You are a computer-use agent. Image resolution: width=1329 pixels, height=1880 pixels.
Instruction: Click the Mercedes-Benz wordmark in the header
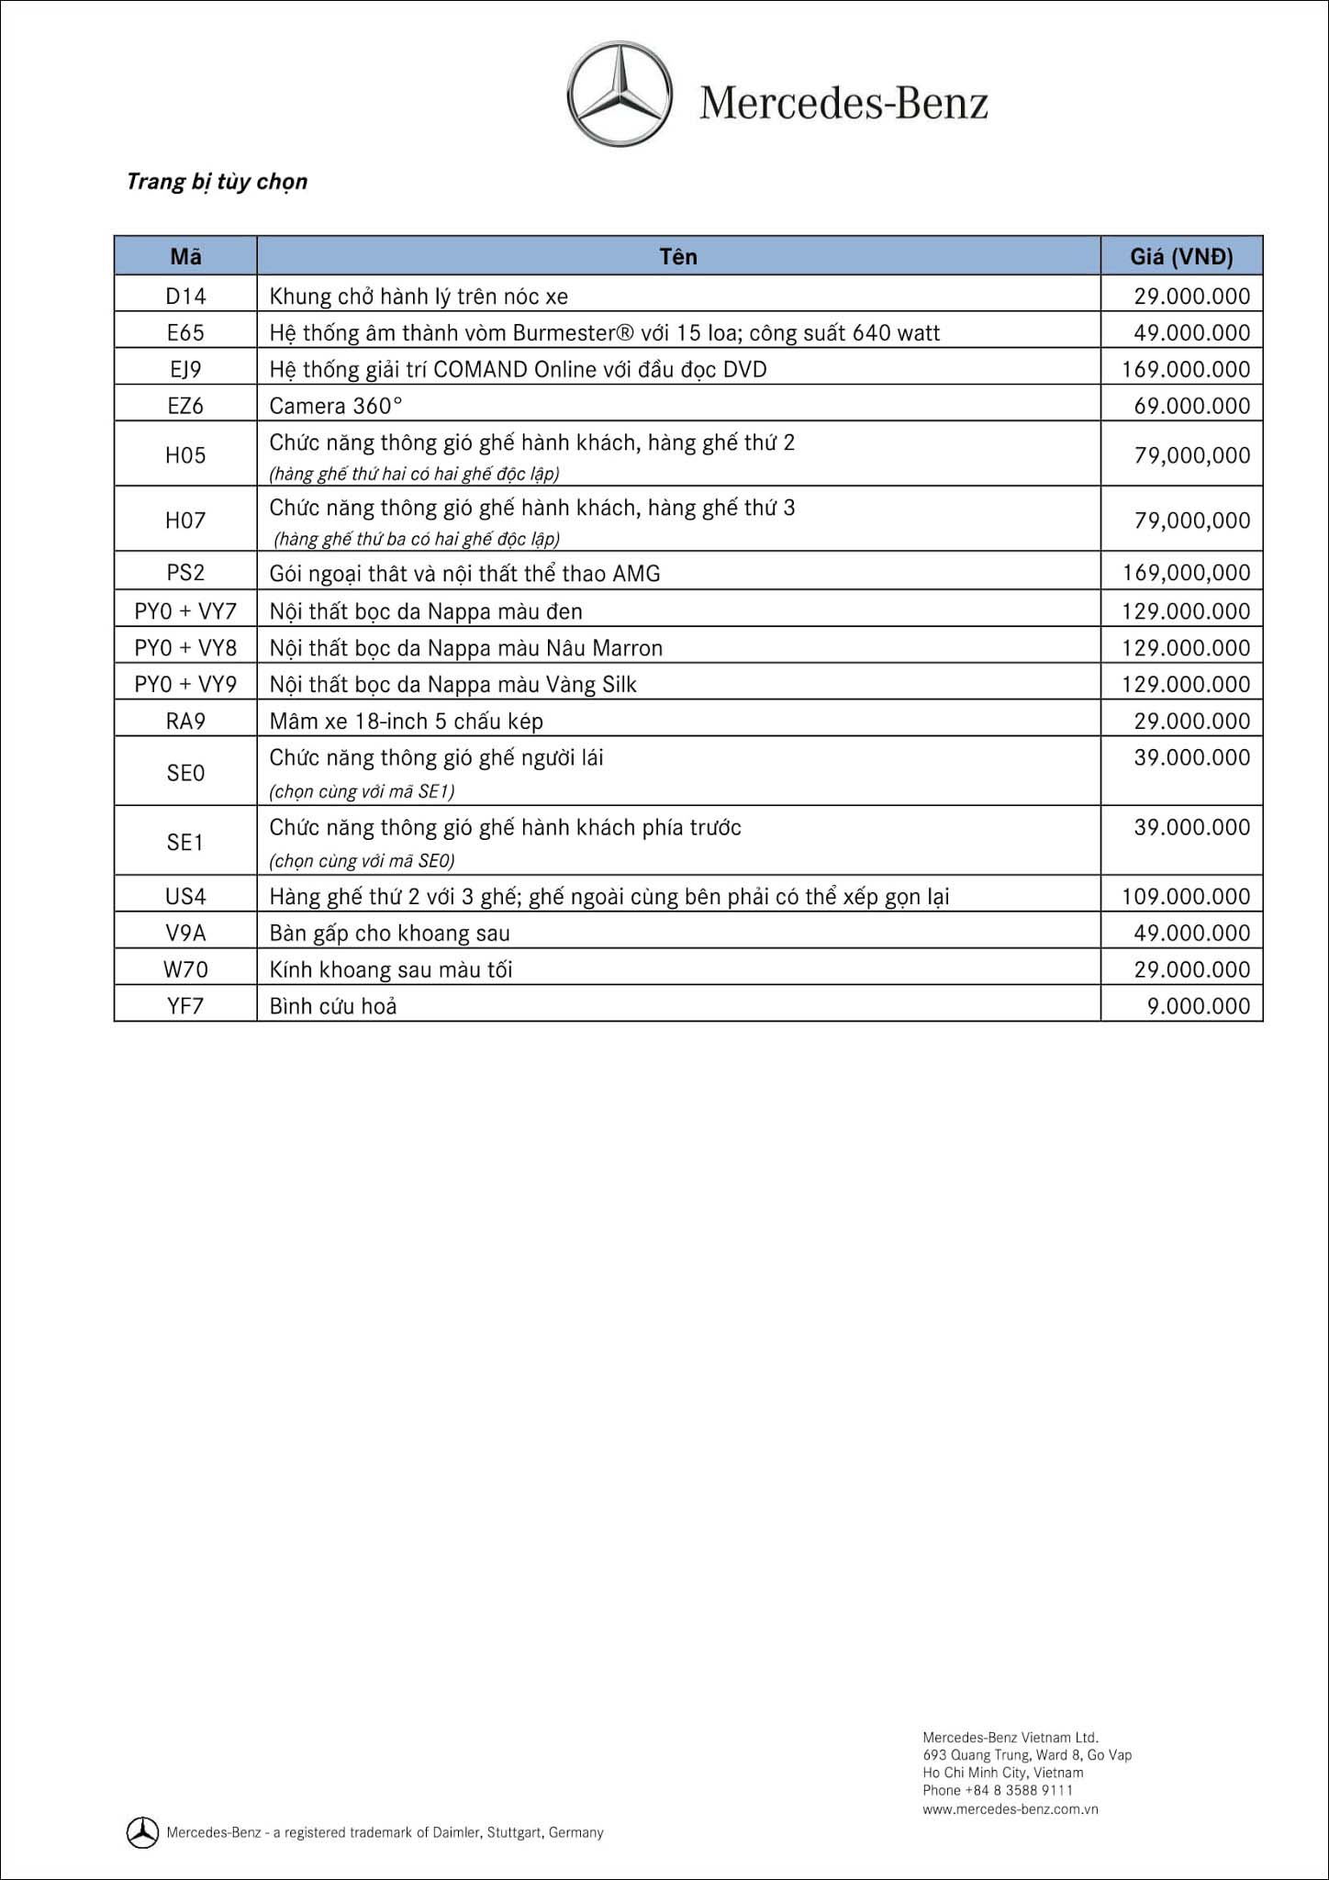coord(843,104)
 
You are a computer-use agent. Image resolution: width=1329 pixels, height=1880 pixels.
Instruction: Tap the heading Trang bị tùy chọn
coord(217,182)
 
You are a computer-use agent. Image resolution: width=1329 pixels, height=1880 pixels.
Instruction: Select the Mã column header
coord(185,257)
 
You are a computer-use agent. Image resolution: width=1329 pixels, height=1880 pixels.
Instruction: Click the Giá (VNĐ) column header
coord(1181,257)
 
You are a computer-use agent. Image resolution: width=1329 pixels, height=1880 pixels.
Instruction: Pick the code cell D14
coord(185,297)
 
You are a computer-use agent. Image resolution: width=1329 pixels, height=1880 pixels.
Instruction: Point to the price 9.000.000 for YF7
coord(1198,1006)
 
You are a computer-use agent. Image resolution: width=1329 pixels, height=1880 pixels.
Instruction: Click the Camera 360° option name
coord(336,406)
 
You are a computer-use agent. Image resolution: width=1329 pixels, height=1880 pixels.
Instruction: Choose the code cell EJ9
coord(185,370)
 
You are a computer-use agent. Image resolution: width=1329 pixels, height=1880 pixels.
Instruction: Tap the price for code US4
coord(1186,896)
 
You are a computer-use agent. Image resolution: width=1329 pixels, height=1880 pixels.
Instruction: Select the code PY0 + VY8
coord(185,648)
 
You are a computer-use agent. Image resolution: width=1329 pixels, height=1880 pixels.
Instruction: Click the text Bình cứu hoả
coord(333,1006)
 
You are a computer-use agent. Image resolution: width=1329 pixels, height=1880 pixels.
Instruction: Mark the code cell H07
coord(185,520)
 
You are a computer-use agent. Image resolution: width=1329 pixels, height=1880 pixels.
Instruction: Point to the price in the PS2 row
coord(1186,573)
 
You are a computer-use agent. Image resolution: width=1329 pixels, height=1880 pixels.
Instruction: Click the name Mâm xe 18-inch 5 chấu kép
coord(406,722)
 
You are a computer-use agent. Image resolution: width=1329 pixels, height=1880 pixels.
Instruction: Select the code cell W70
coord(185,969)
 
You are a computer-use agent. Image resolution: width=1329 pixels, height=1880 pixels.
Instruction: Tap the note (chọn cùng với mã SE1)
coord(362,791)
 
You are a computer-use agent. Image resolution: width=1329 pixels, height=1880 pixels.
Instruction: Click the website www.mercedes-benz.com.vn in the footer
coord(1010,1809)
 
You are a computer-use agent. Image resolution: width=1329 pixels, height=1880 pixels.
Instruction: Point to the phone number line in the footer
coord(997,1790)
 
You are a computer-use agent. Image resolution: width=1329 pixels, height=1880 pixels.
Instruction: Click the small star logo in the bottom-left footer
coord(142,1832)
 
